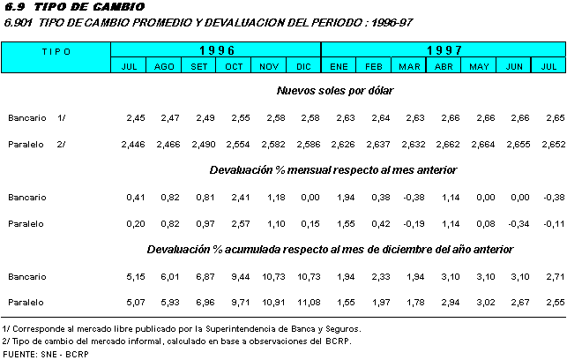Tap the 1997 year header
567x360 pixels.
click(x=444, y=50)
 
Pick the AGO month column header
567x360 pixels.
click(x=164, y=66)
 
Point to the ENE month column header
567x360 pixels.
click(x=339, y=66)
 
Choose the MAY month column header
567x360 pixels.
click(x=480, y=66)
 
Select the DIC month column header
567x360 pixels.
click(x=304, y=66)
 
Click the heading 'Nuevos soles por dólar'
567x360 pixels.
click(x=335, y=90)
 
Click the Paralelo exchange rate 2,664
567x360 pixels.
click(x=481, y=143)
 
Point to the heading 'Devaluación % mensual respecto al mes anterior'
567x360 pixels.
click(x=333, y=169)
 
